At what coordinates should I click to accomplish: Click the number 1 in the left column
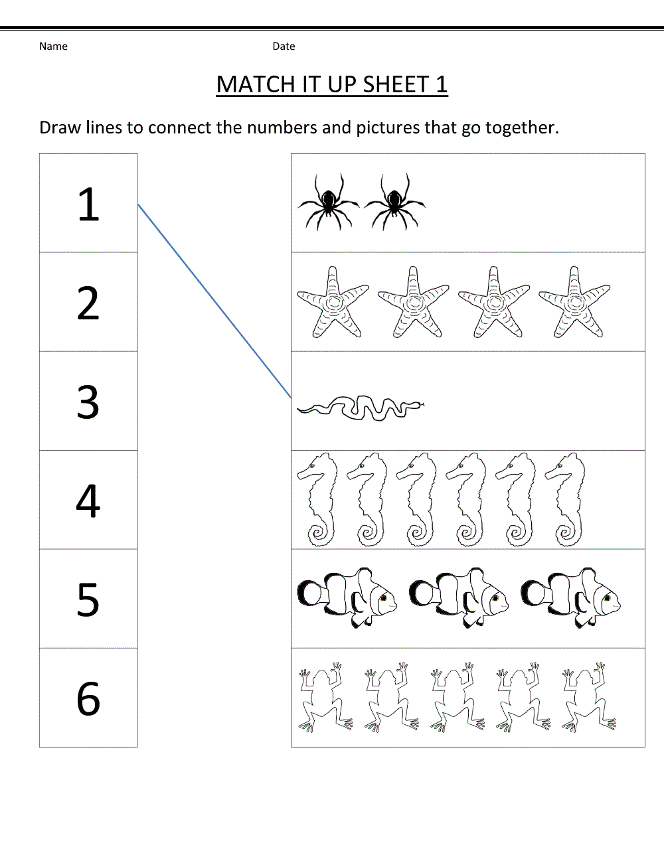(88, 204)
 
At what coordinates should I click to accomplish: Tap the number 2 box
(88, 303)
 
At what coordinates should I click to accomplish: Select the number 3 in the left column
(88, 402)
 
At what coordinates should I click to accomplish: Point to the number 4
(88, 501)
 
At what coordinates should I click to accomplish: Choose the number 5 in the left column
(88, 599)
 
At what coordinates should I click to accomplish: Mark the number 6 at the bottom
(88, 698)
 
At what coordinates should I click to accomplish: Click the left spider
(328, 202)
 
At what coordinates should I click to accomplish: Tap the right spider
(394, 202)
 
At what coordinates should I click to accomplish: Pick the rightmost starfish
(574, 303)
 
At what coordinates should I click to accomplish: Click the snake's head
(417, 404)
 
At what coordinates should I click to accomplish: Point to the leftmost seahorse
(318, 499)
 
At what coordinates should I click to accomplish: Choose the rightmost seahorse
(566, 499)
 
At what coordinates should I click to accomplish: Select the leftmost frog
(323, 698)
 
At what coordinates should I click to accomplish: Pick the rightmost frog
(588, 698)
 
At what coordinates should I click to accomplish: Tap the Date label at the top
(284, 46)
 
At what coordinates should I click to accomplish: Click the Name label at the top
(53, 46)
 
